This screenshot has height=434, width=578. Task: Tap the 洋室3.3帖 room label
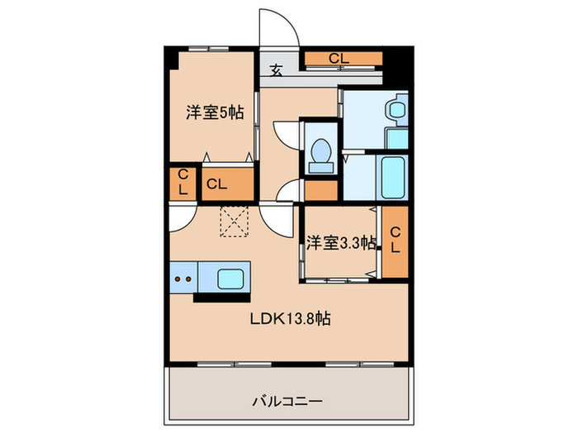(341, 243)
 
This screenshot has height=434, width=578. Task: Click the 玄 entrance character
(276, 71)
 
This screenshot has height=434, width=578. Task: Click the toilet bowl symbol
(320, 154)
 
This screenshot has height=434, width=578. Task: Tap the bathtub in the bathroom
(393, 176)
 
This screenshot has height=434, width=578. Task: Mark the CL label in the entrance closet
(337, 59)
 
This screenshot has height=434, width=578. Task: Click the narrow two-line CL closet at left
(182, 183)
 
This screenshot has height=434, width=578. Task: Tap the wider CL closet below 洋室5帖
(216, 184)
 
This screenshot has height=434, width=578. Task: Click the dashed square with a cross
(235, 222)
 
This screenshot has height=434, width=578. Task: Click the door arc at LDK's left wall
(182, 217)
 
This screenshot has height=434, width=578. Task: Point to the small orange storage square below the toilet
(320, 190)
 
